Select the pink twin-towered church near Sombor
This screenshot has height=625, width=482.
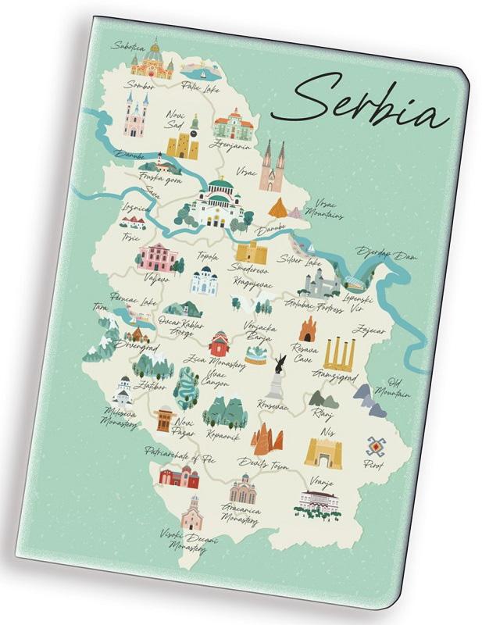[136, 116]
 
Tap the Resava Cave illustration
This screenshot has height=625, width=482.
[305, 329]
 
